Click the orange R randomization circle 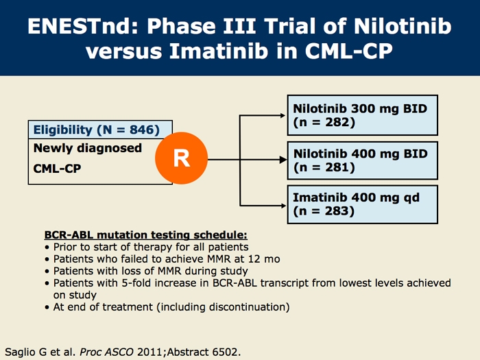click(x=182, y=158)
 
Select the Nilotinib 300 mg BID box click(x=363, y=115)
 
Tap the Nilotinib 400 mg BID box click(x=363, y=160)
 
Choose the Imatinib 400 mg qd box click(x=363, y=204)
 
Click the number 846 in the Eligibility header click(x=141, y=130)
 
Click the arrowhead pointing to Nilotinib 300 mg click(x=283, y=115)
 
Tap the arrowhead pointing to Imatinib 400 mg click(x=283, y=206)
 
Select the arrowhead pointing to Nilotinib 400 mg click(x=283, y=160)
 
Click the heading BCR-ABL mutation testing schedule click(x=145, y=235)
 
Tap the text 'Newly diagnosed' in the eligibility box click(x=88, y=148)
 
